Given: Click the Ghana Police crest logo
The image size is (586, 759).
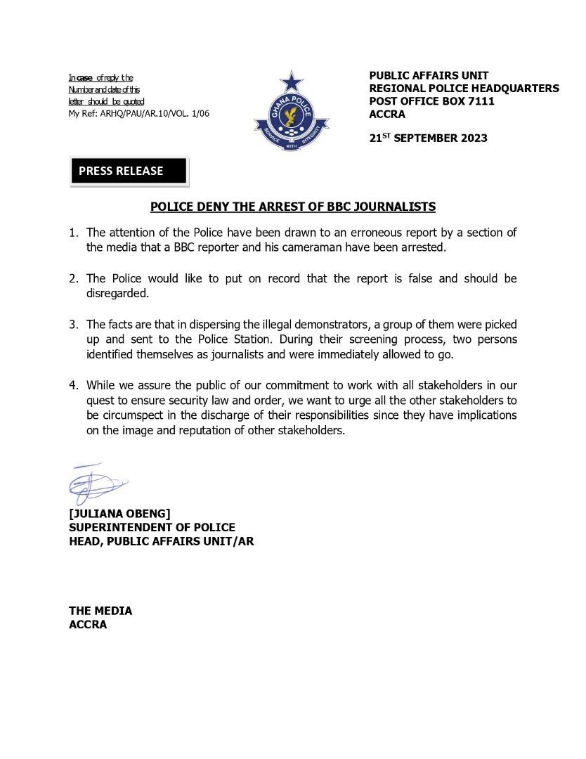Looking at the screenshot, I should click(291, 111).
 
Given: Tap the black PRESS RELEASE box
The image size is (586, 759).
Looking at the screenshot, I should click(129, 171).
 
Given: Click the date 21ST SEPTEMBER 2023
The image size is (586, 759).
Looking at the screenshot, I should click(428, 138).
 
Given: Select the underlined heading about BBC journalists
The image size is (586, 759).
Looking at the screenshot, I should click(293, 207).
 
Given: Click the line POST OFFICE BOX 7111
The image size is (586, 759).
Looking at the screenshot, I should click(431, 101).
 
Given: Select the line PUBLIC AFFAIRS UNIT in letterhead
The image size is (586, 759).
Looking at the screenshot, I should click(429, 75).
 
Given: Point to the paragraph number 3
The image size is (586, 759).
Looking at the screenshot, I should click(72, 325).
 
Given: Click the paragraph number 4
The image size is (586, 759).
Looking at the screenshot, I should click(72, 385).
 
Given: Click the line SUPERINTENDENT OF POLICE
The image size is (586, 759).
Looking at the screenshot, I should click(152, 527).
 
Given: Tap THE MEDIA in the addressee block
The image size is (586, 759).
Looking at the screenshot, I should click(100, 611).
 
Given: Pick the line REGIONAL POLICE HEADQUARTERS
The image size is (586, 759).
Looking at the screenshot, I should click(464, 88).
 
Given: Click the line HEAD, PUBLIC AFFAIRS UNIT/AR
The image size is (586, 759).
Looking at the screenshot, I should click(161, 541).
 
